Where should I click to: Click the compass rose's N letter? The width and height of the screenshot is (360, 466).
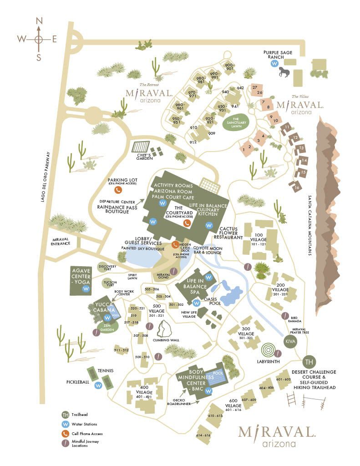click(x=39, y=20)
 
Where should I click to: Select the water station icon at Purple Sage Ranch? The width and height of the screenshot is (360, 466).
click(x=274, y=64)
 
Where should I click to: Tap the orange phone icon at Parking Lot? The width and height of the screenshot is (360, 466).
click(x=118, y=190)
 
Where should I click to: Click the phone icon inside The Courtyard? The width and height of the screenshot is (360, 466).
click(x=186, y=223)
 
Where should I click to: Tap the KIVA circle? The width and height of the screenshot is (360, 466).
click(x=290, y=341)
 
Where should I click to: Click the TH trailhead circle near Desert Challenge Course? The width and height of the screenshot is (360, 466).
click(x=309, y=363)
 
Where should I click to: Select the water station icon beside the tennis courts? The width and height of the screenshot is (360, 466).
click(x=98, y=385)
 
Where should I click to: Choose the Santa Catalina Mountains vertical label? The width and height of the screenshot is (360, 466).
click(x=310, y=225)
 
